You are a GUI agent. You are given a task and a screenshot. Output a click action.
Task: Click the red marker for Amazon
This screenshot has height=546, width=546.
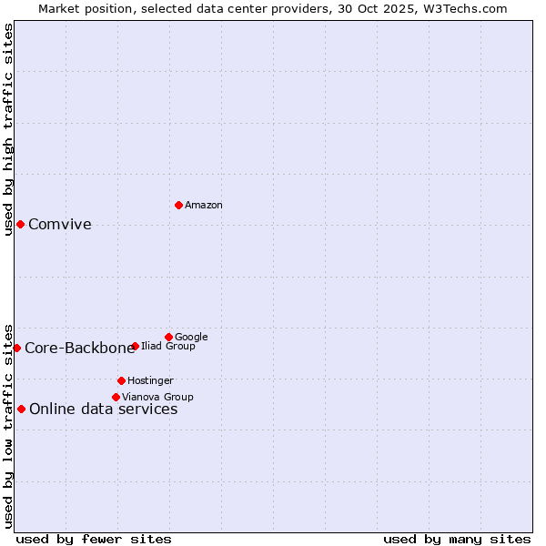pos(178,205)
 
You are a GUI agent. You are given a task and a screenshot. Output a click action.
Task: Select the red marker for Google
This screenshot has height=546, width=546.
pos(168,337)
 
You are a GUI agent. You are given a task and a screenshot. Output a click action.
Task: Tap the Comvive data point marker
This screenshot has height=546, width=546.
pos(20,224)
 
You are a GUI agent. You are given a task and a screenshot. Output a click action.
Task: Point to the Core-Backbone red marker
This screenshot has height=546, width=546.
pos(16,348)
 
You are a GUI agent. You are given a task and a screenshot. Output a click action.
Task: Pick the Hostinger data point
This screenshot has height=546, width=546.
pos(121,380)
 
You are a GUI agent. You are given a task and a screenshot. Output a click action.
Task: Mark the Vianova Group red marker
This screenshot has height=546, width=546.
pos(116,397)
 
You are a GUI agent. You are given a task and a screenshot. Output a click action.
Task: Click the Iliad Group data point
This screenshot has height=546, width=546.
pos(135,346)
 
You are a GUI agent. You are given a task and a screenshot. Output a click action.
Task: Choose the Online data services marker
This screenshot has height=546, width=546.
pos(21,409)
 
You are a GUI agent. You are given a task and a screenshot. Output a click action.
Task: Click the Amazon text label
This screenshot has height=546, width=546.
pos(204,206)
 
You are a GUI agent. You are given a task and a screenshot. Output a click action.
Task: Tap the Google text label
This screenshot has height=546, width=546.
pos(191,338)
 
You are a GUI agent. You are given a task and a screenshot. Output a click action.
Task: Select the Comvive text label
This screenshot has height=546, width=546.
pos(60,225)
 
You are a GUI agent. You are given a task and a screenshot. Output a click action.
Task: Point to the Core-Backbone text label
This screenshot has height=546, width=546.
pos(79,349)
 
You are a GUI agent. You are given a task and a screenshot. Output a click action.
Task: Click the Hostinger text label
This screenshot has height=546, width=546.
pos(150,381)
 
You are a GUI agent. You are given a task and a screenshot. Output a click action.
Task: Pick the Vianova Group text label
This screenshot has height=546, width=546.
pos(157,398)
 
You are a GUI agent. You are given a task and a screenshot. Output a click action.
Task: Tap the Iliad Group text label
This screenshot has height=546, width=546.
pos(168,347)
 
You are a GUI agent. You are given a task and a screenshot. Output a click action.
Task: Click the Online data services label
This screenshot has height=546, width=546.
pos(104,409)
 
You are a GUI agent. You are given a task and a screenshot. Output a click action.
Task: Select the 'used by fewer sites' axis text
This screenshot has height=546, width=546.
pos(94,539)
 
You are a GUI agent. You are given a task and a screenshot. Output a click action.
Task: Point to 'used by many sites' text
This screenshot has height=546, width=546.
pos(457,539)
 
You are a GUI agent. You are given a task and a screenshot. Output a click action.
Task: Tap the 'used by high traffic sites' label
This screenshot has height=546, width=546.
pos(9,129)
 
